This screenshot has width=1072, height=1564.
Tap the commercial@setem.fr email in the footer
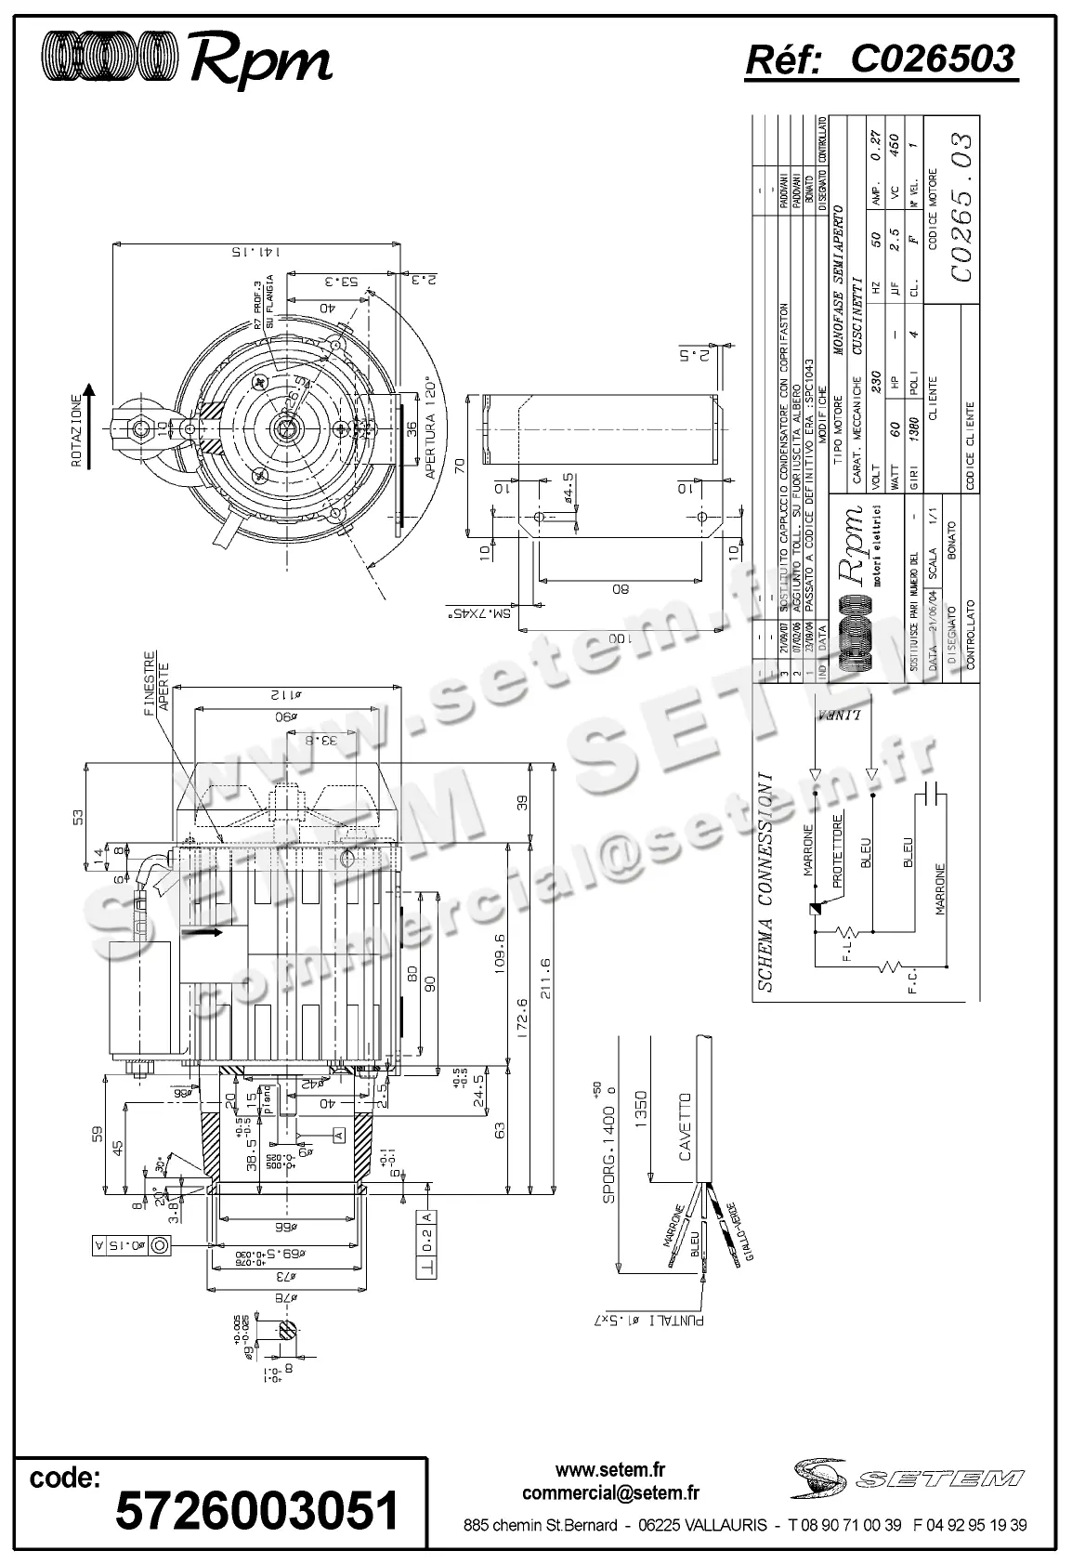(610, 1493)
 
